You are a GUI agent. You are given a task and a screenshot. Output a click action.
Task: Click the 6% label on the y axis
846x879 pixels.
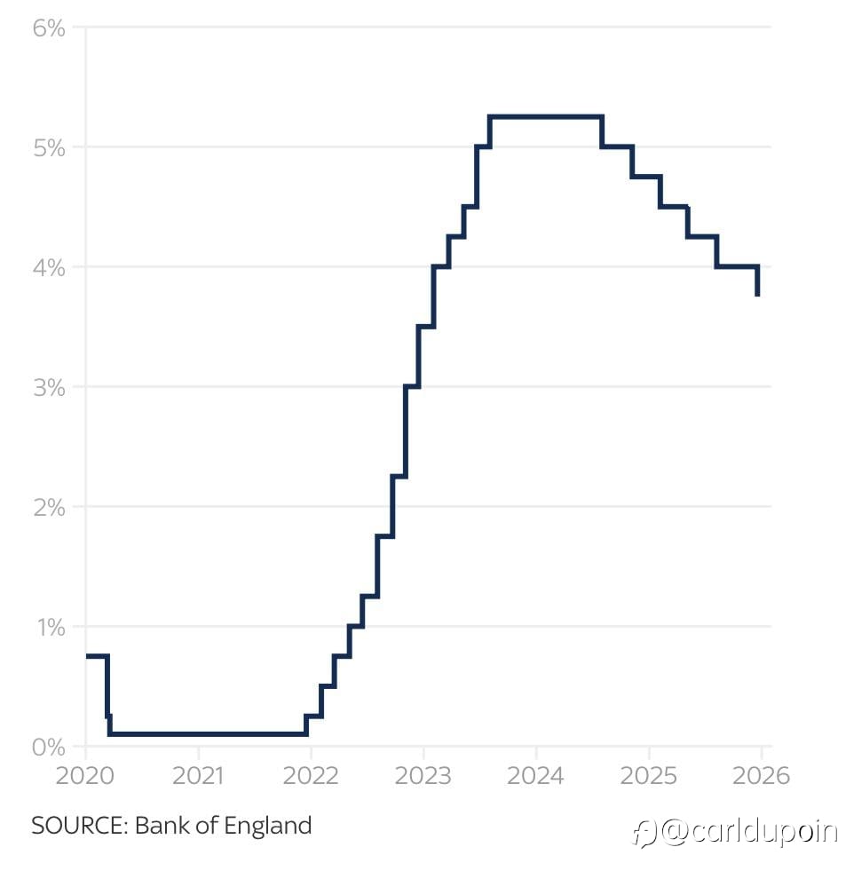click(49, 28)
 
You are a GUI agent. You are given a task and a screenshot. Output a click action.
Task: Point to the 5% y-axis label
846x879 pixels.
click(49, 147)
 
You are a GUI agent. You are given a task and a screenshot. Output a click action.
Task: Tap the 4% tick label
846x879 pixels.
click(49, 267)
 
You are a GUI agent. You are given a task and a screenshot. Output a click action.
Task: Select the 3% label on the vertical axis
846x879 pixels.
click(49, 388)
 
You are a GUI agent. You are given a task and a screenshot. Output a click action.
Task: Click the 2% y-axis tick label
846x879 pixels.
click(49, 508)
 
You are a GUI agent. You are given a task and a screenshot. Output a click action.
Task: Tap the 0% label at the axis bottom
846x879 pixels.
click(49, 748)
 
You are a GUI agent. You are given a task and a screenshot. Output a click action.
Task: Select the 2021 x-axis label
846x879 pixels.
click(198, 775)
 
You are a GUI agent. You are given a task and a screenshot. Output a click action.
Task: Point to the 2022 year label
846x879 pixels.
click(311, 775)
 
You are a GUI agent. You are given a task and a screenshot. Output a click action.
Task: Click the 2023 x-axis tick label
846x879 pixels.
click(423, 775)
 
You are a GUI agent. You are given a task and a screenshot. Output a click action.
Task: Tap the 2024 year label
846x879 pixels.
click(536, 775)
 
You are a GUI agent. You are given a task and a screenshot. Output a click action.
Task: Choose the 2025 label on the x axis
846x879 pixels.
click(649, 775)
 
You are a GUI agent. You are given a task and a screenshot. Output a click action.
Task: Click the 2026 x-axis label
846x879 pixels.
click(761, 775)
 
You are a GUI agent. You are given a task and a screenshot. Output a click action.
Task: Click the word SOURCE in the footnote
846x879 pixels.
click(80, 826)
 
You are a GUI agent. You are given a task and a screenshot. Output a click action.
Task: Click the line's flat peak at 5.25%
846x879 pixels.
click(546, 116)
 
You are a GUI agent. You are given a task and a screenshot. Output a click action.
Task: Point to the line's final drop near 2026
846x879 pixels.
click(757, 281)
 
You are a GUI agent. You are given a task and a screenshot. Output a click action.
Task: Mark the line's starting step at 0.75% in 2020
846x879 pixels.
click(96, 656)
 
